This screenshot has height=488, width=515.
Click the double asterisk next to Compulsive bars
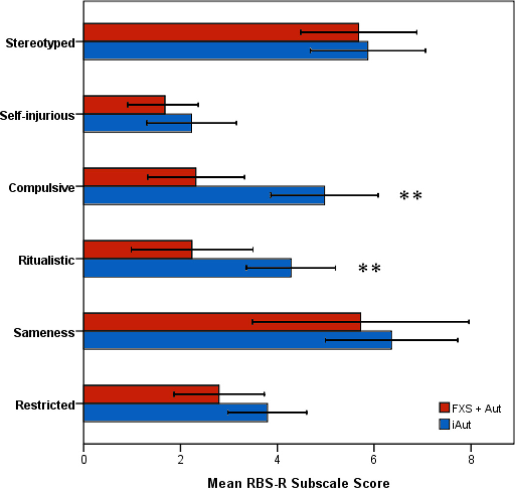pos(411,197)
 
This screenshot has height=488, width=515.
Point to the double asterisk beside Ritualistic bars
pos(369,269)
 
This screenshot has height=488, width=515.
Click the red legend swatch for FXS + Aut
pos(444,408)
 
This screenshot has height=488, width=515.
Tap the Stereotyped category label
pos(40,43)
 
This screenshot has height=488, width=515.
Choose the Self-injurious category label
pos(40,115)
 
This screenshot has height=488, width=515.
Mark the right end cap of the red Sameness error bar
pos(469,322)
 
